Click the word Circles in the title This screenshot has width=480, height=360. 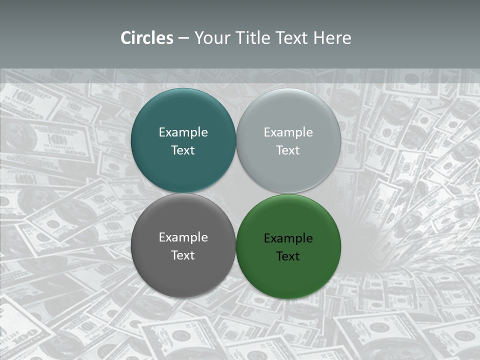point(147,38)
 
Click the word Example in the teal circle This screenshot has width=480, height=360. point(183,132)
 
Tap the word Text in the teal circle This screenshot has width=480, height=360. point(183,150)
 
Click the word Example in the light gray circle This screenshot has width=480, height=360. point(288,132)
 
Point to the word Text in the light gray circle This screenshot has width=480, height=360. point(288,150)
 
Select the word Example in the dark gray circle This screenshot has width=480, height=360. point(183,237)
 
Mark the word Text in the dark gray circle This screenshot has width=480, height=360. point(183,255)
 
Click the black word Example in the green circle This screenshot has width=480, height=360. point(288,238)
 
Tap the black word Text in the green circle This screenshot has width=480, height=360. point(288,256)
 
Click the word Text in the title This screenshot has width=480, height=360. point(292,38)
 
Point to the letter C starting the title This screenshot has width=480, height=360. point(125,38)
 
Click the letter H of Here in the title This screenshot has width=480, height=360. point(318,38)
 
